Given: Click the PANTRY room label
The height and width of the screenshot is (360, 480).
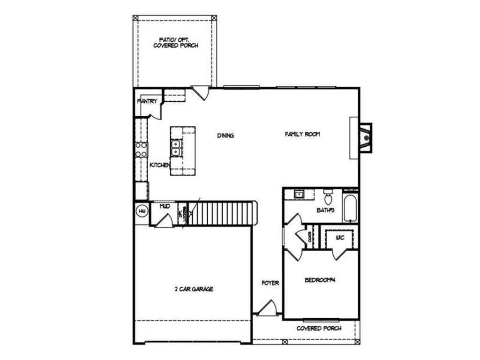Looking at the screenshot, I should pyautogui.click(x=147, y=101).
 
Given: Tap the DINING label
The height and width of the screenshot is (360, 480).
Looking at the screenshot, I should pyautogui.click(x=225, y=135).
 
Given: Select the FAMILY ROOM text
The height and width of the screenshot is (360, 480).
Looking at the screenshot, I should pyautogui.click(x=302, y=134).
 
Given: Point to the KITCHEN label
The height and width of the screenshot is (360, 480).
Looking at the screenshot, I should pyautogui.click(x=159, y=165).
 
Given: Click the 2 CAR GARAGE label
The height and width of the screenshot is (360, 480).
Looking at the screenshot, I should pyautogui.click(x=193, y=289).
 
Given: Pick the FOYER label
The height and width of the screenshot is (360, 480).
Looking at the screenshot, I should pyautogui.click(x=270, y=283).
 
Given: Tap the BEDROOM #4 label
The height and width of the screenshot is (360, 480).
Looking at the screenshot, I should pyautogui.click(x=321, y=280).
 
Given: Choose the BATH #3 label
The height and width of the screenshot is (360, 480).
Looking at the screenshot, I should pyautogui.click(x=325, y=210).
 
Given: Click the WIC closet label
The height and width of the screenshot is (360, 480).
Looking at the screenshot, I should pyautogui.click(x=340, y=238).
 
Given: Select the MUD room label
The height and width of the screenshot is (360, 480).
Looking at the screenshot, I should pyautogui.click(x=165, y=206).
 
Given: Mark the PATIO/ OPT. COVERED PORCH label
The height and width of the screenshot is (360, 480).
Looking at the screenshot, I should pyautogui.click(x=175, y=43).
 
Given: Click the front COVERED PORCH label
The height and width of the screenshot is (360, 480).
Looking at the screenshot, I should pyautogui.click(x=319, y=329).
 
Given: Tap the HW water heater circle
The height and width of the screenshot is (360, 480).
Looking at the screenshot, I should pyautogui.click(x=142, y=211).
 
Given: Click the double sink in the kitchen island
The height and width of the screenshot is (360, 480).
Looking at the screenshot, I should pyautogui.click(x=176, y=148).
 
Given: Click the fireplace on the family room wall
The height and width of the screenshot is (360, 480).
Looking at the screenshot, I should pyautogui.click(x=365, y=137).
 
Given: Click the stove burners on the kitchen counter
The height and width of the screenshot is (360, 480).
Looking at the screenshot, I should pyautogui.click(x=141, y=150).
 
